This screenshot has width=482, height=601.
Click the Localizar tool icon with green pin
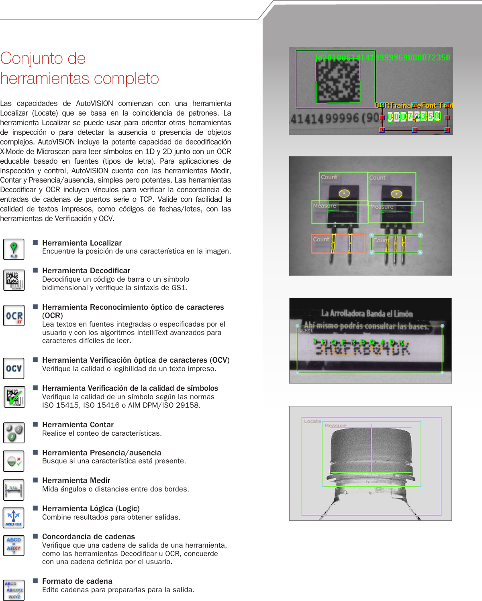(14, 249)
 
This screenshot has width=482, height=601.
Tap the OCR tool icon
(14, 316)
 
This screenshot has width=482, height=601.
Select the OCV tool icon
(14, 368)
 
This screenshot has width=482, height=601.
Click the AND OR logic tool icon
(14, 518)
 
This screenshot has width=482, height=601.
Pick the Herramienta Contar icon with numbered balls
(14, 432)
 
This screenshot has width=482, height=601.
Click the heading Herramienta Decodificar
(86, 271)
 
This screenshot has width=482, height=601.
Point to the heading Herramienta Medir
(76, 481)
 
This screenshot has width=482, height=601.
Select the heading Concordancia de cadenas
(88, 537)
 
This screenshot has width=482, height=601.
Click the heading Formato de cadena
(77, 581)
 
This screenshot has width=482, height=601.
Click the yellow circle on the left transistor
(344, 194)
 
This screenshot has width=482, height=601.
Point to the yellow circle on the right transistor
(396, 194)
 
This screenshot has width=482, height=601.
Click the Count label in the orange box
(321, 240)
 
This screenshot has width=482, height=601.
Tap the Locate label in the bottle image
(312, 421)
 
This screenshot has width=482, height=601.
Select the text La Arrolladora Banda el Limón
(367, 314)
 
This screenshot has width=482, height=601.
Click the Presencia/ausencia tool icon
(14, 461)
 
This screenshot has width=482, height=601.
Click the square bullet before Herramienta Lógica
(35, 508)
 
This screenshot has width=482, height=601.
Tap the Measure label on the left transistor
(325, 206)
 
